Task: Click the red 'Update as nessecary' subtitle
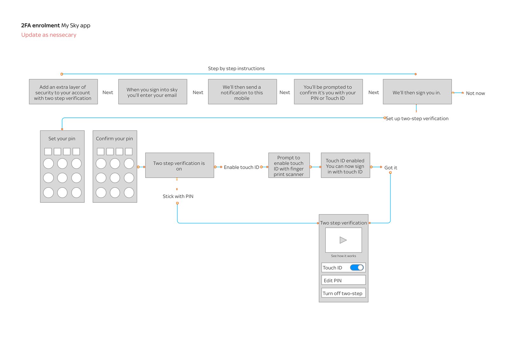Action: [49, 35]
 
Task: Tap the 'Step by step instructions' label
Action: [236, 68]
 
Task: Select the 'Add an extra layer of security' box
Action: [63, 92]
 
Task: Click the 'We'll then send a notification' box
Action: [242, 92]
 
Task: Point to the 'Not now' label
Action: [475, 93]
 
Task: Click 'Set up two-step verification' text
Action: [417, 118]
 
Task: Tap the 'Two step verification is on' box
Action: [179, 166]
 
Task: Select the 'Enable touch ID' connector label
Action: [241, 167]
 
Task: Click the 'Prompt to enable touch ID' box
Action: [289, 166]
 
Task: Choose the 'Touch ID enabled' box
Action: [345, 166]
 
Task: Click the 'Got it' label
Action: [391, 168]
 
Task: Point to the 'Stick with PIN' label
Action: [178, 196]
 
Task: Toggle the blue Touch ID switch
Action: [357, 268]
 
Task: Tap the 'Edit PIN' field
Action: [343, 280]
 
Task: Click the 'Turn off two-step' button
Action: [343, 293]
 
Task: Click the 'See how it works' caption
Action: [343, 256]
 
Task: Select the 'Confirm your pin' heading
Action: [115, 139]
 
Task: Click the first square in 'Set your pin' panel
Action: [48, 152]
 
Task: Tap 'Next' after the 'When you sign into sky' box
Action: [198, 92]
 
